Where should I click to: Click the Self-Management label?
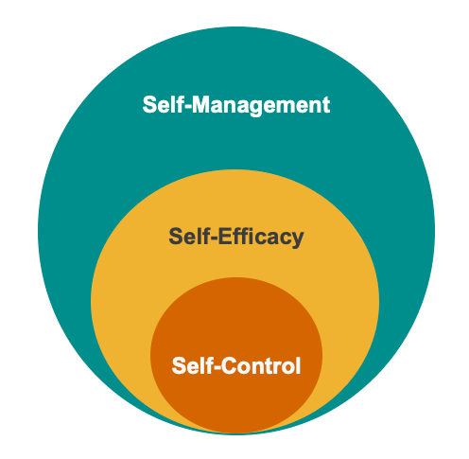click(x=236, y=105)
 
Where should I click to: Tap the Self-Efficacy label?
click(x=236, y=237)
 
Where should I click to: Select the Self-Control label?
click(x=236, y=365)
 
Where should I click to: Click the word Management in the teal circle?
click(x=261, y=105)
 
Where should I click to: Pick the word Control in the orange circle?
click(x=261, y=365)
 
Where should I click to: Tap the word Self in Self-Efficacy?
click(x=187, y=236)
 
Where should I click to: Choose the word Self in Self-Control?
click(x=190, y=365)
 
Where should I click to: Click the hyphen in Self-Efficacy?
click(x=212, y=238)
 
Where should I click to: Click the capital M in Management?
click(x=202, y=104)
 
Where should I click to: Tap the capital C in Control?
click(x=230, y=365)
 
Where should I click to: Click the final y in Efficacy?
click(x=297, y=239)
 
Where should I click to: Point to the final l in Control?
click(x=298, y=365)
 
